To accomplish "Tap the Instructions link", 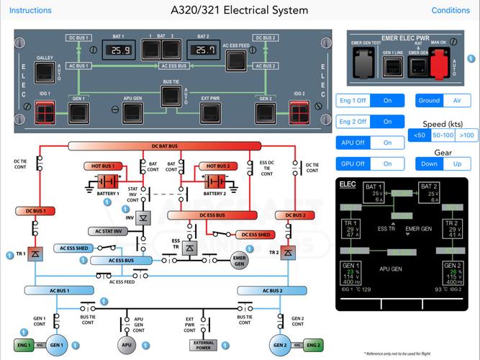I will click(30, 11).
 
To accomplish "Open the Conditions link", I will click(450, 11).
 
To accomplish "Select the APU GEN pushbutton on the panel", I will click(132, 112).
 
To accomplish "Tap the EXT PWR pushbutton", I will click(210, 112).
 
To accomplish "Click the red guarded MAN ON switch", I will click(438, 67).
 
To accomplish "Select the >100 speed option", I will click(466, 135).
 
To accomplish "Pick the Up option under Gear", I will click(456, 164).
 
